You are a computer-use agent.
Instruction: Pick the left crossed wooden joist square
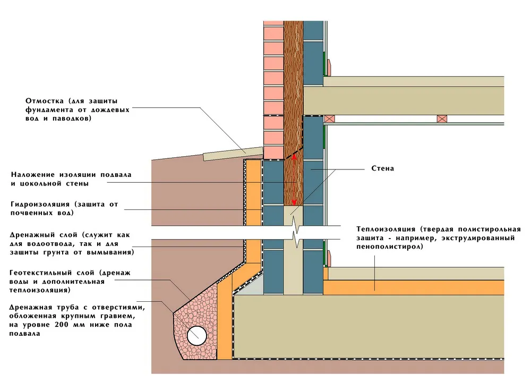click(x=329, y=119)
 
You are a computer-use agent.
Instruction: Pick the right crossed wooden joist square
click(x=441, y=119)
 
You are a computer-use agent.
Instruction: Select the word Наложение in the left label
click(x=32, y=175)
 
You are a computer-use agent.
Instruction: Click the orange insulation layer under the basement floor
click(x=414, y=287)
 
